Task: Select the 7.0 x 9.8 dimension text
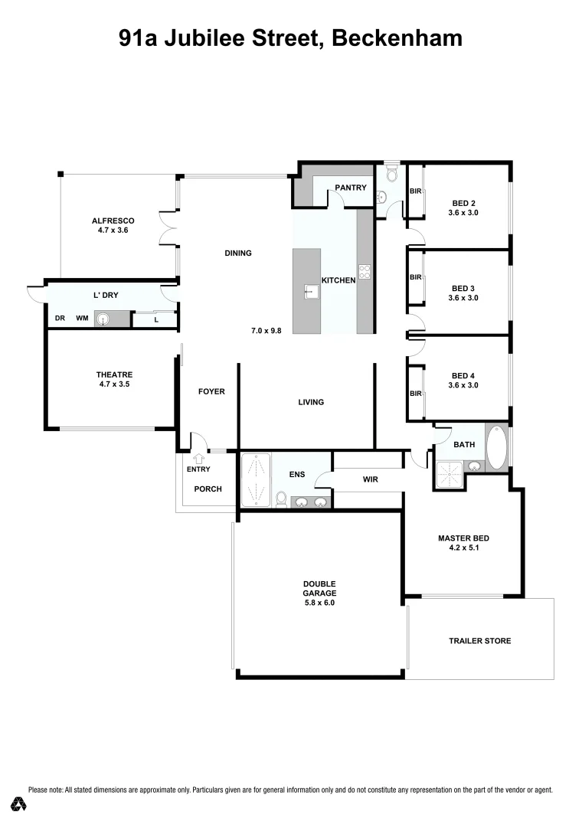tap(266, 331)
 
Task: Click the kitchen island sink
tap(311, 290)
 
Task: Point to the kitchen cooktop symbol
tap(365, 271)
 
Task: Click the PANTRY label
tap(350, 188)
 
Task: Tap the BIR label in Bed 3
tap(415, 277)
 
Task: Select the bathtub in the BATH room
tap(496, 447)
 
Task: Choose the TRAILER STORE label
tap(479, 641)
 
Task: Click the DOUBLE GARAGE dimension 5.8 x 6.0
tap(319, 603)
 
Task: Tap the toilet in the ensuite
tap(281, 500)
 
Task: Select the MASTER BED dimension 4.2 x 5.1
tap(463, 548)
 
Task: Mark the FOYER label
tap(211, 391)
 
